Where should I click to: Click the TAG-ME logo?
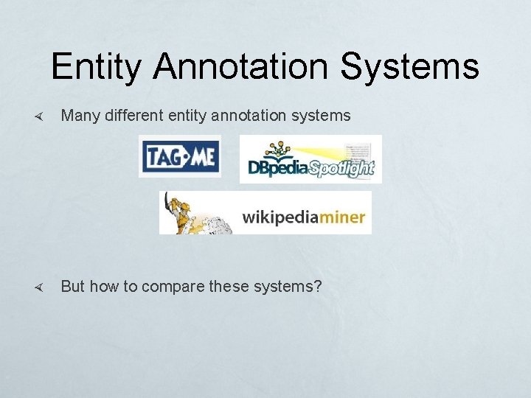point(180,156)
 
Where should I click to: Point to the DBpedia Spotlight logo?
point(310,160)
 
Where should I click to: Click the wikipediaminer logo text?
point(304,217)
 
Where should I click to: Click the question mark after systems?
point(318,286)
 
